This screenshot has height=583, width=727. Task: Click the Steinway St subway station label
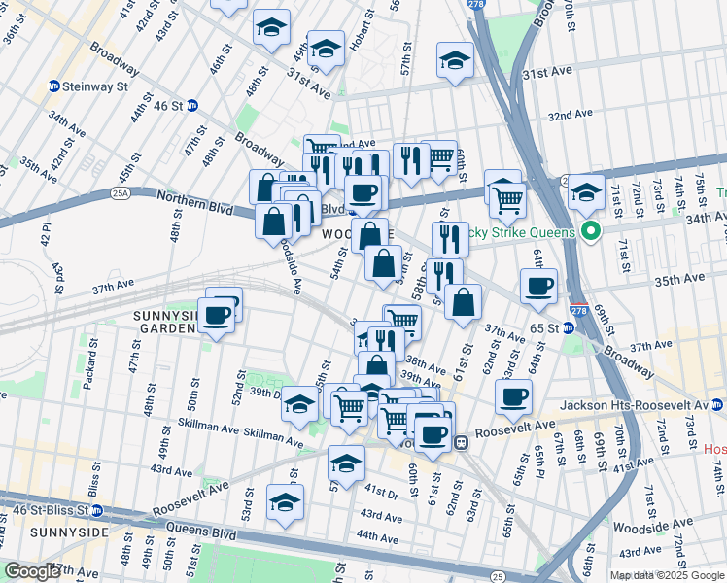pyautogui.click(x=95, y=86)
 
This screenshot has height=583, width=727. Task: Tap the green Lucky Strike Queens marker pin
pyautogui.click(x=588, y=232)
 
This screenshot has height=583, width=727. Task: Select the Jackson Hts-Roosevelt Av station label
pyautogui.click(x=637, y=405)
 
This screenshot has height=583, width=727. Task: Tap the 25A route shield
pyautogui.click(x=120, y=193)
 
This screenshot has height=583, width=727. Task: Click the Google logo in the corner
pyautogui.click(x=31, y=571)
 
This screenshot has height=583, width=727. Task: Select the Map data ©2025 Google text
pyautogui.click(x=666, y=575)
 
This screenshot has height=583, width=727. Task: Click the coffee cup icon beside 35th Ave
pyautogui.click(x=538, y=286)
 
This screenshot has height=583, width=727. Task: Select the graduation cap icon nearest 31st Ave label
pyautogui.click(x=454, y=60)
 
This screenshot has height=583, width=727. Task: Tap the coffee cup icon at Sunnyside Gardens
pyautogui.click(x=217, y=314)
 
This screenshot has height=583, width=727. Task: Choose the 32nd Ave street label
pyautogui.click(x=570, y=115)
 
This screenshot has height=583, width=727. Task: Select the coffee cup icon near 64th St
pyautogui.click(x=513, y=395)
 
